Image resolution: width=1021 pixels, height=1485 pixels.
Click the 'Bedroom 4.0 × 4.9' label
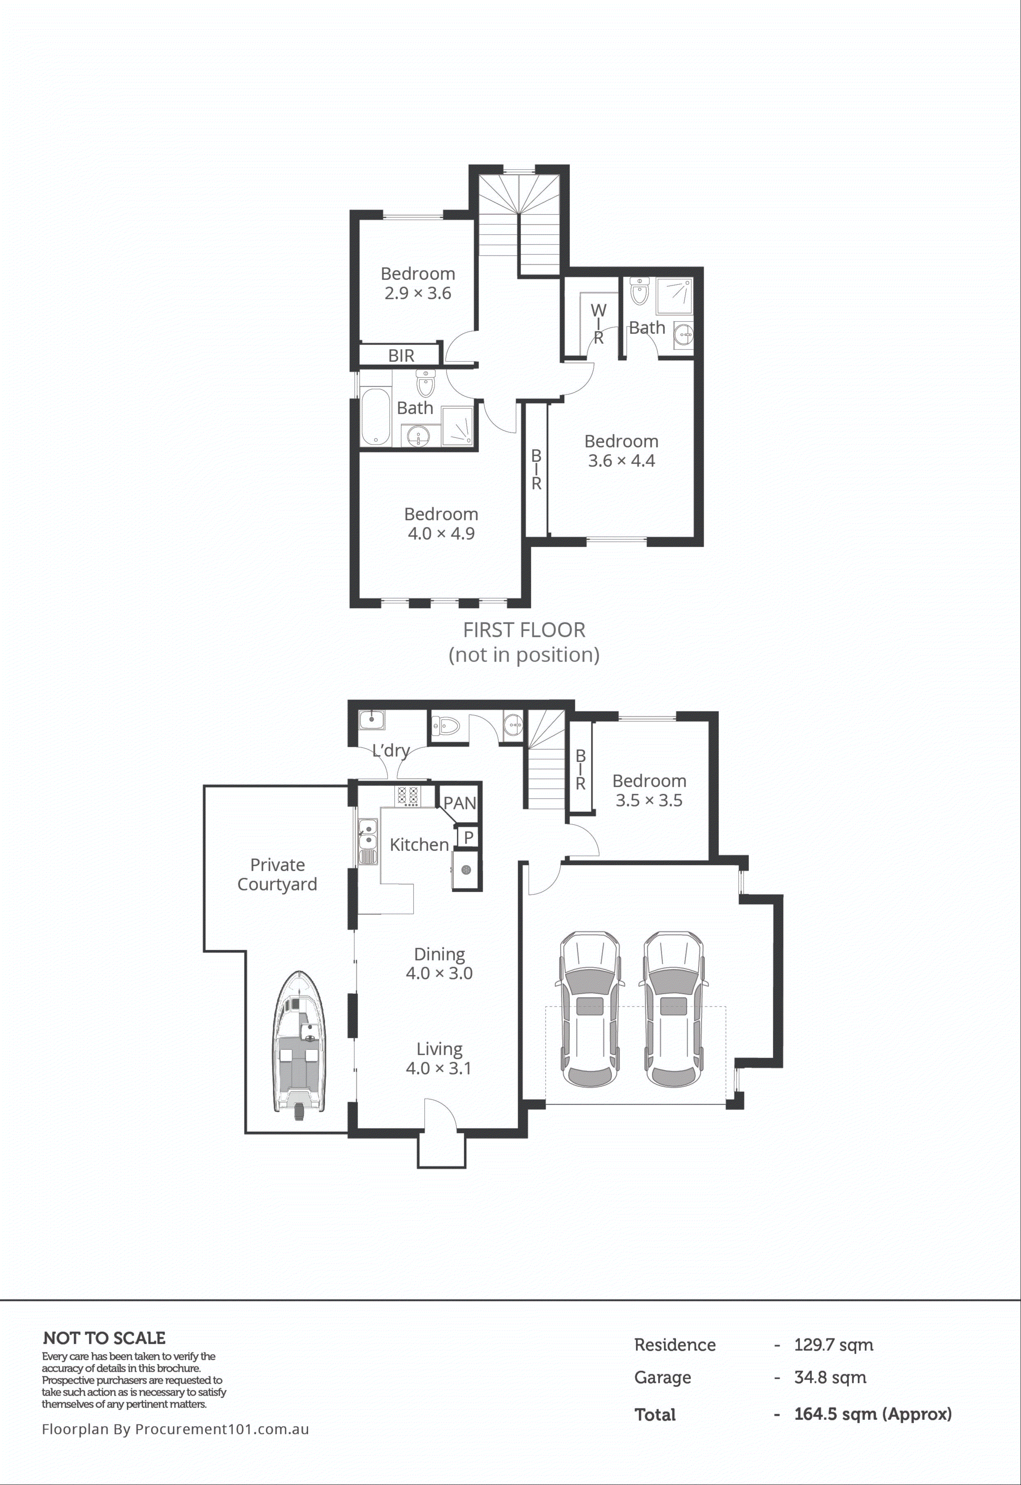441,523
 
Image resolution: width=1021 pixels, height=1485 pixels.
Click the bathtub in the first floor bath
375,417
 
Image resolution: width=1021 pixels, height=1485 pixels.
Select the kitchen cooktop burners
407,796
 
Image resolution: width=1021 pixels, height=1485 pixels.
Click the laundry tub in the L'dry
372,720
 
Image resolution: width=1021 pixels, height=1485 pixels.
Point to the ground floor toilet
446,725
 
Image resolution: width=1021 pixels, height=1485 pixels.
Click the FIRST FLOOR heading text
524,630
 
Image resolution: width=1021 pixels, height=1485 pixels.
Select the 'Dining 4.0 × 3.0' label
439,963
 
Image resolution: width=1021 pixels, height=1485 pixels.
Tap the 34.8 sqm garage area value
830,1378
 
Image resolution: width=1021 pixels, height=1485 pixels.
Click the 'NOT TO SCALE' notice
104,1338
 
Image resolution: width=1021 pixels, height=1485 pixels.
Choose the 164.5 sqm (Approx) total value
872,1414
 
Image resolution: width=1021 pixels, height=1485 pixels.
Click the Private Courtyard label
277,874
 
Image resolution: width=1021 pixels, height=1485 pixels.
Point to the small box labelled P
468,837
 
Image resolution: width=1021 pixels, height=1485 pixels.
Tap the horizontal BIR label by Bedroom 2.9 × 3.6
401,356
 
